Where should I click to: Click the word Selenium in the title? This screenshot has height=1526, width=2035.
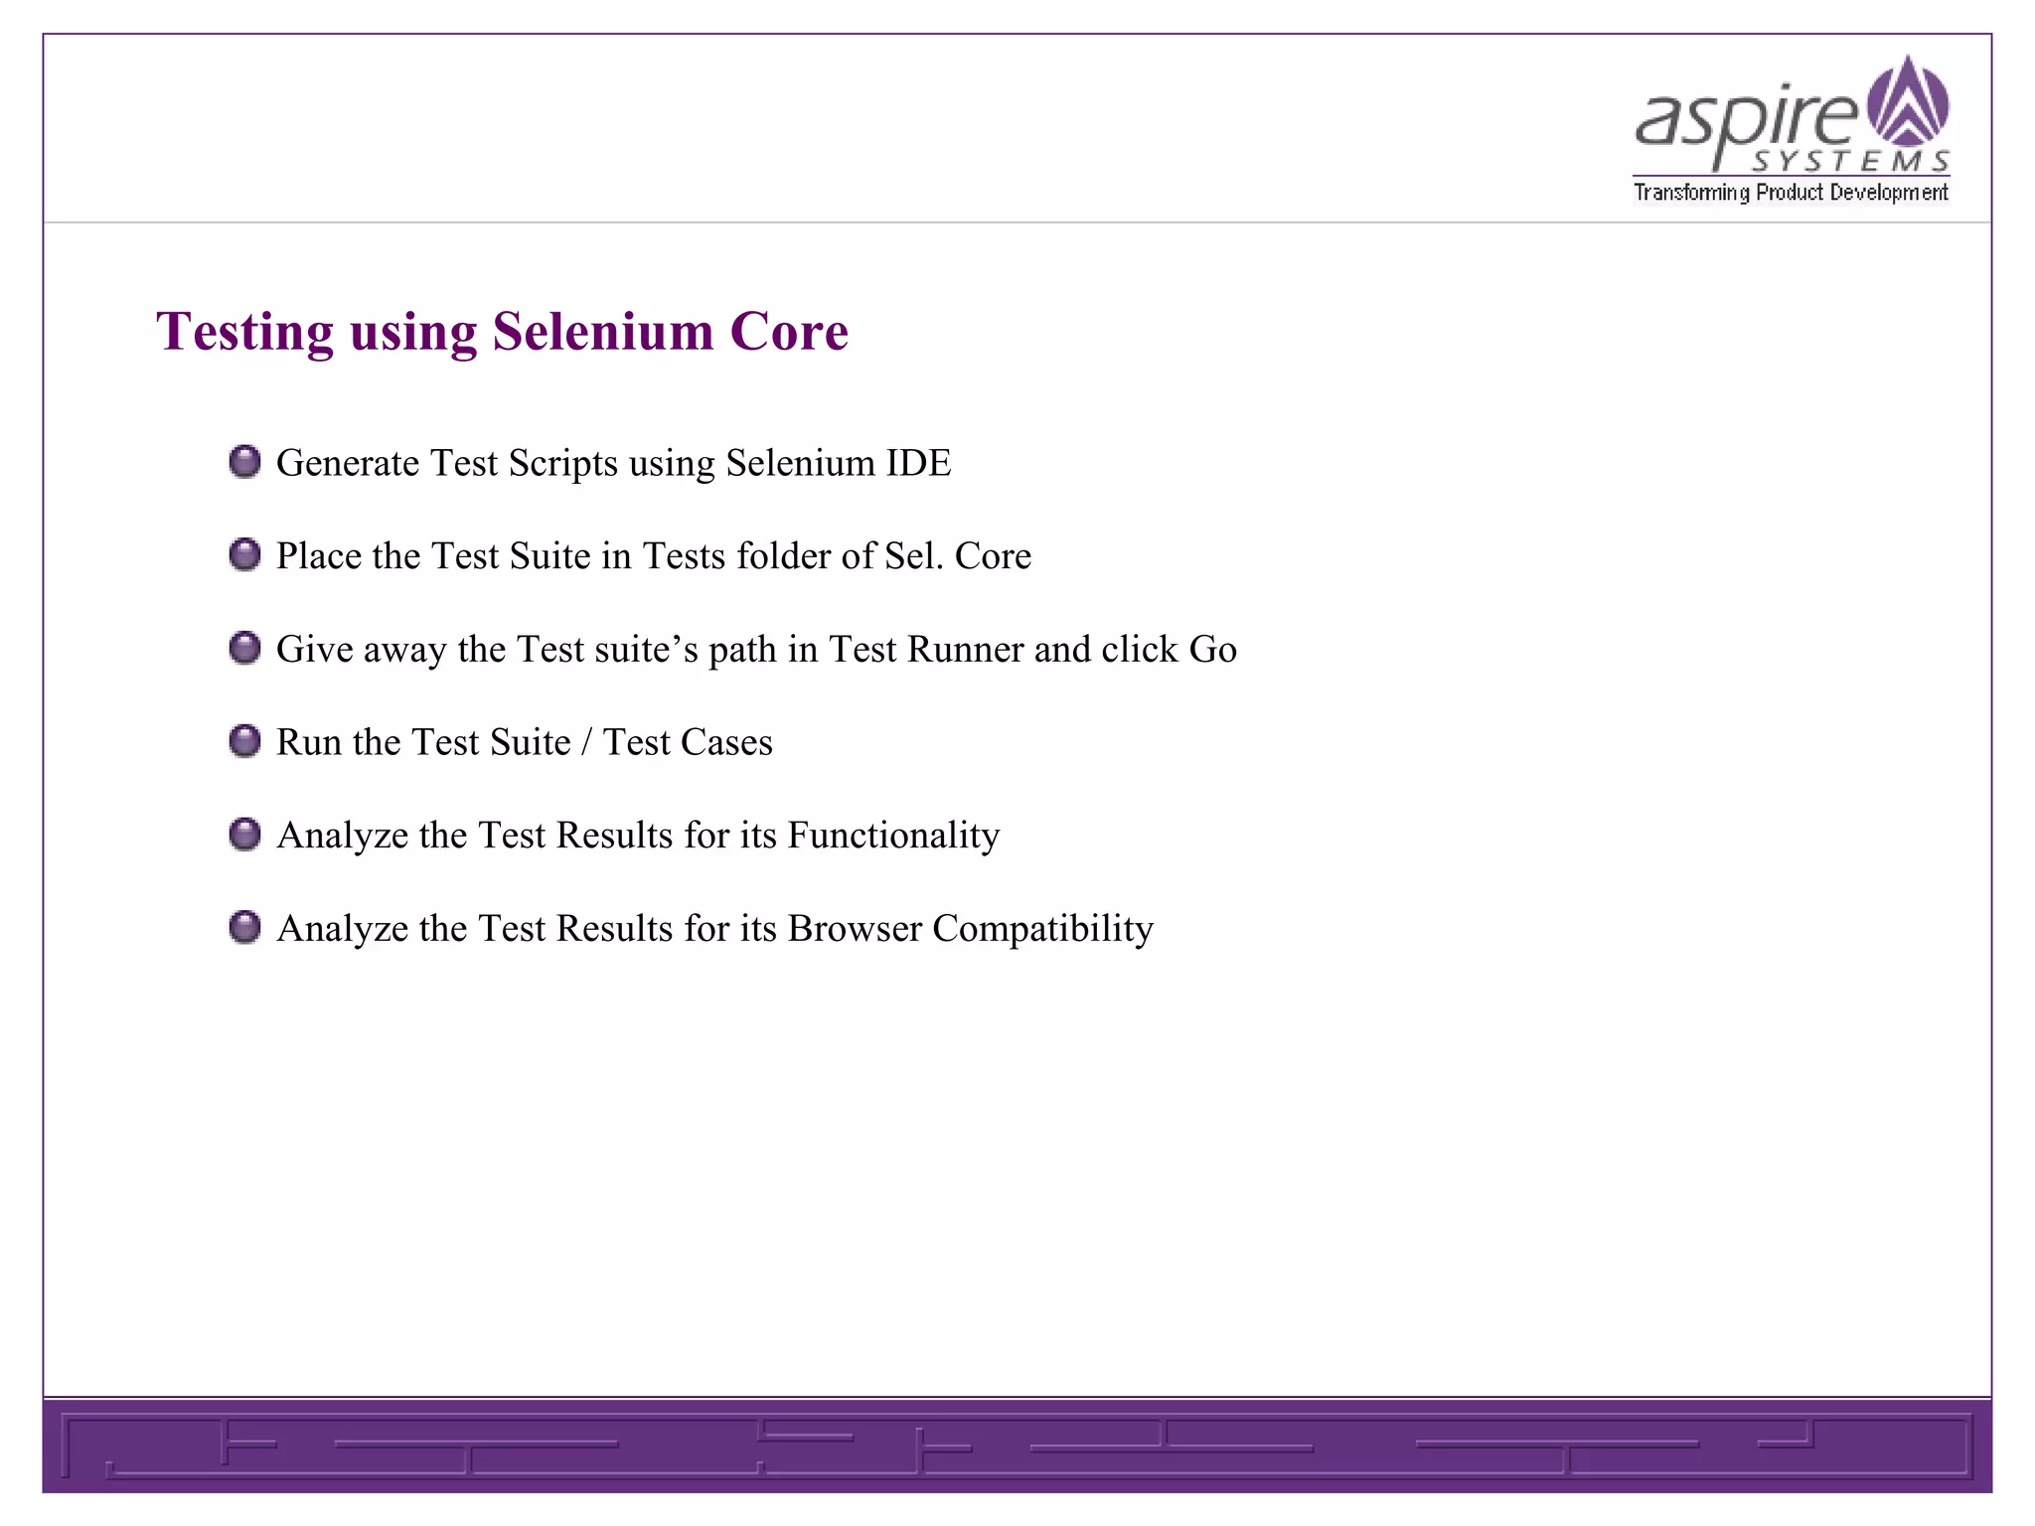pos(603,332)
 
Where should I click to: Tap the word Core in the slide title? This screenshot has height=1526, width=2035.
pos(789,332)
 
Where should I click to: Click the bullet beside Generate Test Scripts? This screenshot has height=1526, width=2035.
pos(244,462)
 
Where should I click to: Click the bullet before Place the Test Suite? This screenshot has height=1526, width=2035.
pos(244,554)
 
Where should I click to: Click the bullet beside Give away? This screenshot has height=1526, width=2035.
pos(244,648)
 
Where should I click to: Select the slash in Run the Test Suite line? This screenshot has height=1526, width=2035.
pos(586,742)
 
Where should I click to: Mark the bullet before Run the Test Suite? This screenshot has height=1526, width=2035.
pos(244,741)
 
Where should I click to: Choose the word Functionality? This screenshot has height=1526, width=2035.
pos(893,836)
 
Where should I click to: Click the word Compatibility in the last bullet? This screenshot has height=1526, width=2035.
pos(1042,929)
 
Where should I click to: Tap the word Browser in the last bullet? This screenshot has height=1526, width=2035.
pos(855,929)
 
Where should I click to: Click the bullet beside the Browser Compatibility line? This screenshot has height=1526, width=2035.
pos(244,927)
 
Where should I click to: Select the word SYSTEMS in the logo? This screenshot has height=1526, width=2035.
pos(1849,161)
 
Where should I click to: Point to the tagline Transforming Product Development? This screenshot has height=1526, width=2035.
pos(1791,192)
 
